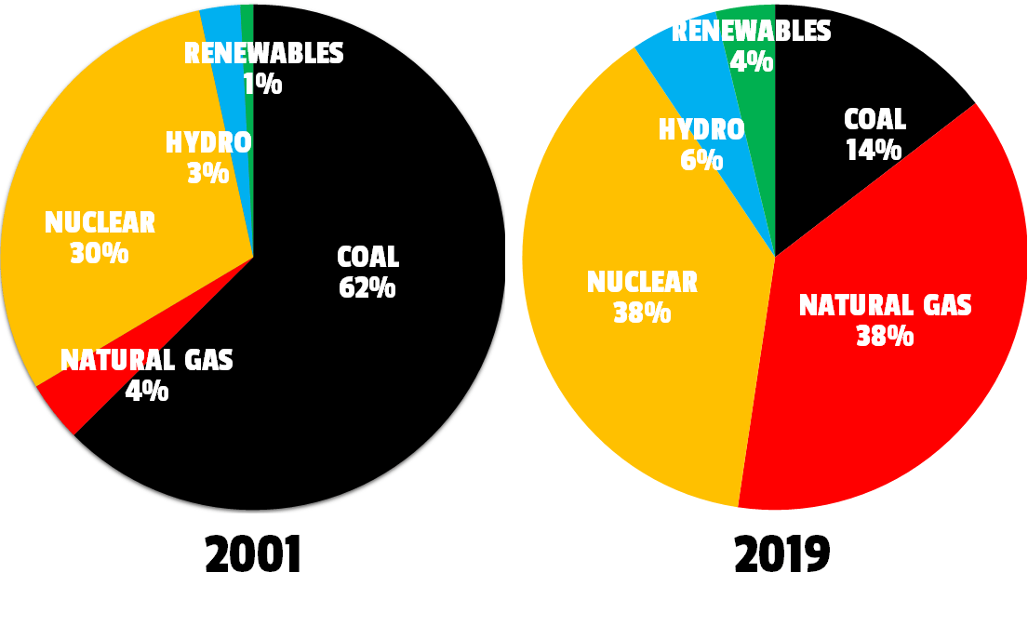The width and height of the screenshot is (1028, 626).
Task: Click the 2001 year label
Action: tap(253, 555)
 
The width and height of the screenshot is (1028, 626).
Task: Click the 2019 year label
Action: tap(781, 555)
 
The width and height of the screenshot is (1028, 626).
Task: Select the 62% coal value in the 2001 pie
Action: tap(367, 288)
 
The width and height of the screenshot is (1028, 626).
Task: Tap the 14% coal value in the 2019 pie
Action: tap(874, 150)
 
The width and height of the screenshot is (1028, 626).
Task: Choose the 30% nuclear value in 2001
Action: tap(99, 253)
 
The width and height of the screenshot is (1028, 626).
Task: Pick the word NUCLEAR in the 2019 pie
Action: tap(642, 282)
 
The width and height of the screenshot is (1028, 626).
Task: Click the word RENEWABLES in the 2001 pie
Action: tap(264, 54)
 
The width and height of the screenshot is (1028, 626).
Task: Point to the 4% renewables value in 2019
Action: tap(752, 62)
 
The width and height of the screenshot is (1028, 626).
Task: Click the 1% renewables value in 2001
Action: tap(262, 85)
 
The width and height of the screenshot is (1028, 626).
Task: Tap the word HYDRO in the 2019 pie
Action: tap(701, 129)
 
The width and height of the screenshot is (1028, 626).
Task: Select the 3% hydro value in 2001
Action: tap(207, 173)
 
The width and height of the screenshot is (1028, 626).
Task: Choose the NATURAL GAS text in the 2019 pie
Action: tap(885, 305)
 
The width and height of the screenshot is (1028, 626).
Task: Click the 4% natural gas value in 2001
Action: tap(147, 391)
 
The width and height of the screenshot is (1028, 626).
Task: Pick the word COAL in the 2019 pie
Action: tap(874, 119)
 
